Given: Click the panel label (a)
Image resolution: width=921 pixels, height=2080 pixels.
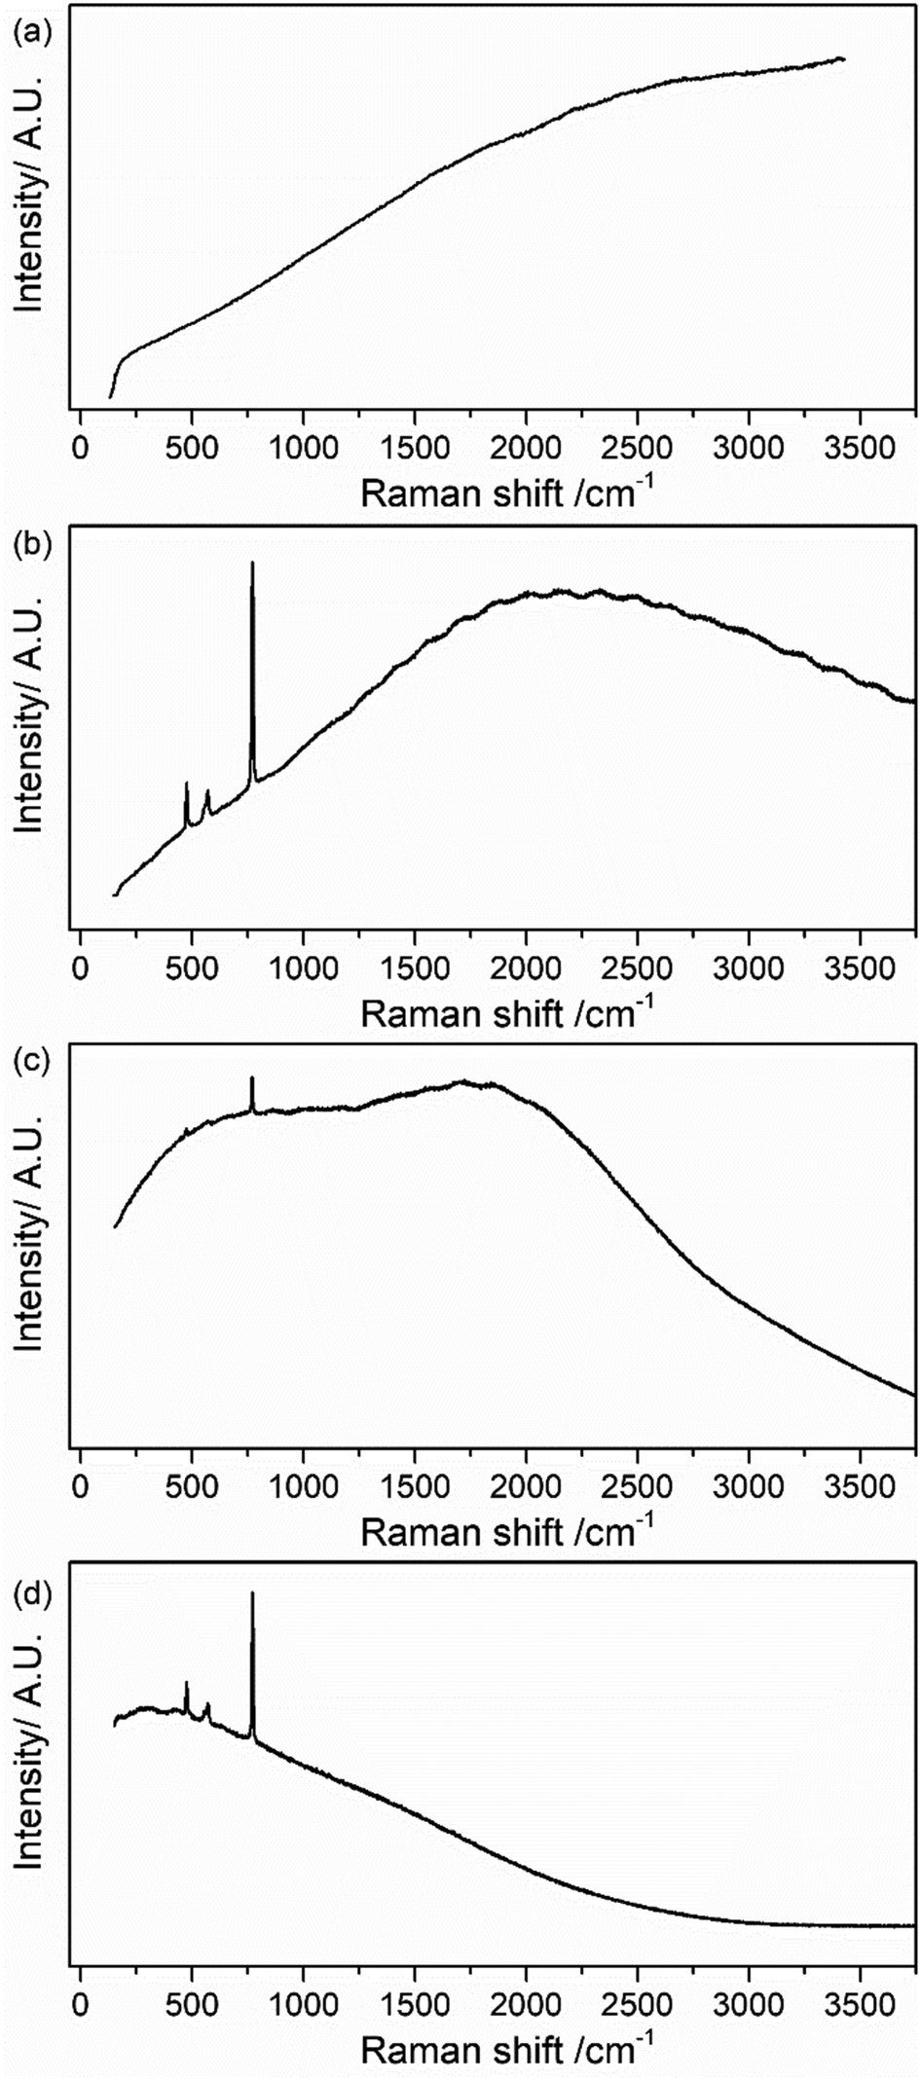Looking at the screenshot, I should click(30, 34).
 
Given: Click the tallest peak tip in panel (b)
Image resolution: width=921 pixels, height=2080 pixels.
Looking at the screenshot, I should click(252, 563).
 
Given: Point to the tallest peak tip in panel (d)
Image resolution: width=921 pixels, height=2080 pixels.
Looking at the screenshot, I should click(252, 1593).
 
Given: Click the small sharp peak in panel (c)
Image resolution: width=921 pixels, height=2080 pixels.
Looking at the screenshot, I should click(252, 1077).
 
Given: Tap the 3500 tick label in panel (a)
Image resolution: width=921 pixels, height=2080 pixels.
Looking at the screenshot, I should click(860, 449).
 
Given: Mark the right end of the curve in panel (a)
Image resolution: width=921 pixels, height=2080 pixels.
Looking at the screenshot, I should click(843, 59).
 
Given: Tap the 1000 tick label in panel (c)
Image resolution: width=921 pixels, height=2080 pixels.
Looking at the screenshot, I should click(303, 1488).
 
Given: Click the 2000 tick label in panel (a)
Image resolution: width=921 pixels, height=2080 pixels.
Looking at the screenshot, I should click(526, 449).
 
